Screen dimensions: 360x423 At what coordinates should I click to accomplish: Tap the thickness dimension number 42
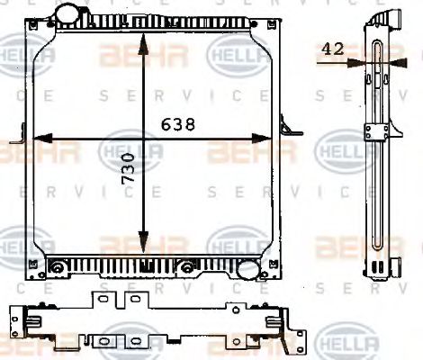coord(332,50)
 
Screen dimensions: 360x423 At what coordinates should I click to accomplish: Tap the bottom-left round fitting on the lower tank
coord(58,266)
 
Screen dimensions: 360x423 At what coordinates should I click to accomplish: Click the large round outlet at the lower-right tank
coord(248,267)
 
